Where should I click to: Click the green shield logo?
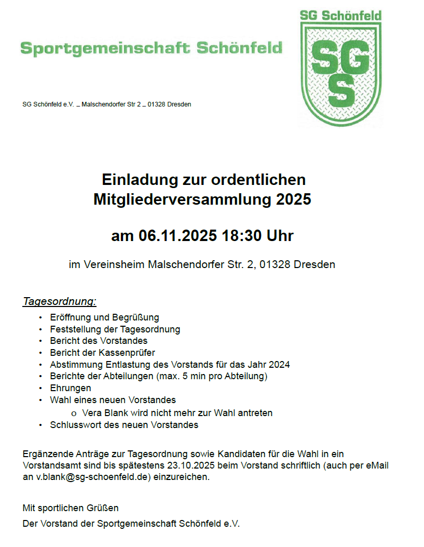point(341,73)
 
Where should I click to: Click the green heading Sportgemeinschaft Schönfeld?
point(152,48)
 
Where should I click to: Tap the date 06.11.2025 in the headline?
point(177,236)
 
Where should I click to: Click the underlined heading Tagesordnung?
point(60,301)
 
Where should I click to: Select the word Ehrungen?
point(71,388)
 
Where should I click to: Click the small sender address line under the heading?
point(107,104)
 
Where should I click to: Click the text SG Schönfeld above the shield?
point(341,15)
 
